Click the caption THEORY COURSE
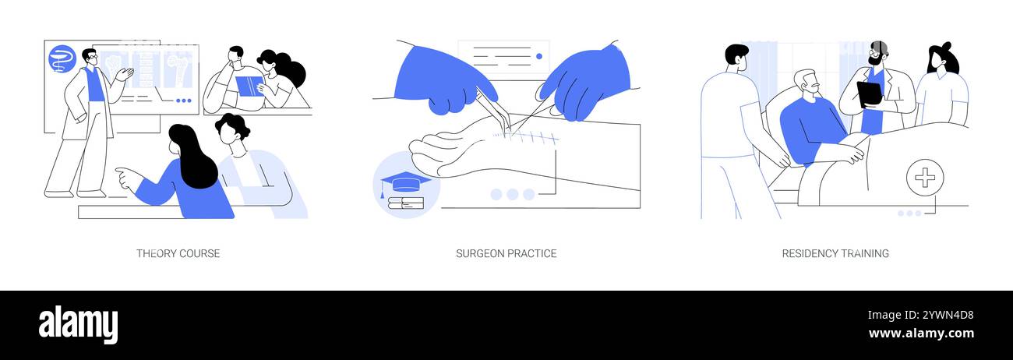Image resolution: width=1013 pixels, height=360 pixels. [x=178, y=253]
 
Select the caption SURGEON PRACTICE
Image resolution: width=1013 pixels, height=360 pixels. [x=506, y=253]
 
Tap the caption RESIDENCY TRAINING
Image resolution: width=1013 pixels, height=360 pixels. [x=835, y=253]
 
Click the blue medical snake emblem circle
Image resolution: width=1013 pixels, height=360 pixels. [x=62, y=59]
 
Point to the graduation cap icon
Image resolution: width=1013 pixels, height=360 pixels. [x=405, y=182]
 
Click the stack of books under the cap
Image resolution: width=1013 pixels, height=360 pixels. [x=406, y=203]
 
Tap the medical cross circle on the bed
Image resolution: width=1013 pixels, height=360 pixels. [x=925, y=178]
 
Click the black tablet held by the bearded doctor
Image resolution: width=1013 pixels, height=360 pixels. [x=870, y=94]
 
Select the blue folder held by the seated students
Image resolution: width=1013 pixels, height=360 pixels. [x=249, y=86]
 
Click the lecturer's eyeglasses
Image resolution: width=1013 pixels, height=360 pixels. [x=92, y=58]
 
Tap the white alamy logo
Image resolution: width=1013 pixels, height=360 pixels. [x=78, y=324]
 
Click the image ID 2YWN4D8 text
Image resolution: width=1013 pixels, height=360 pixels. [x=920, y=315]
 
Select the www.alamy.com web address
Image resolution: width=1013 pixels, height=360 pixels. [x=921, y=334]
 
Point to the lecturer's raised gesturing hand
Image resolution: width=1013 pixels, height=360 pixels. [x=125, y=74]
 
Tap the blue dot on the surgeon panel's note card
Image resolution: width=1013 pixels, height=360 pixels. [x=538, y=56]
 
